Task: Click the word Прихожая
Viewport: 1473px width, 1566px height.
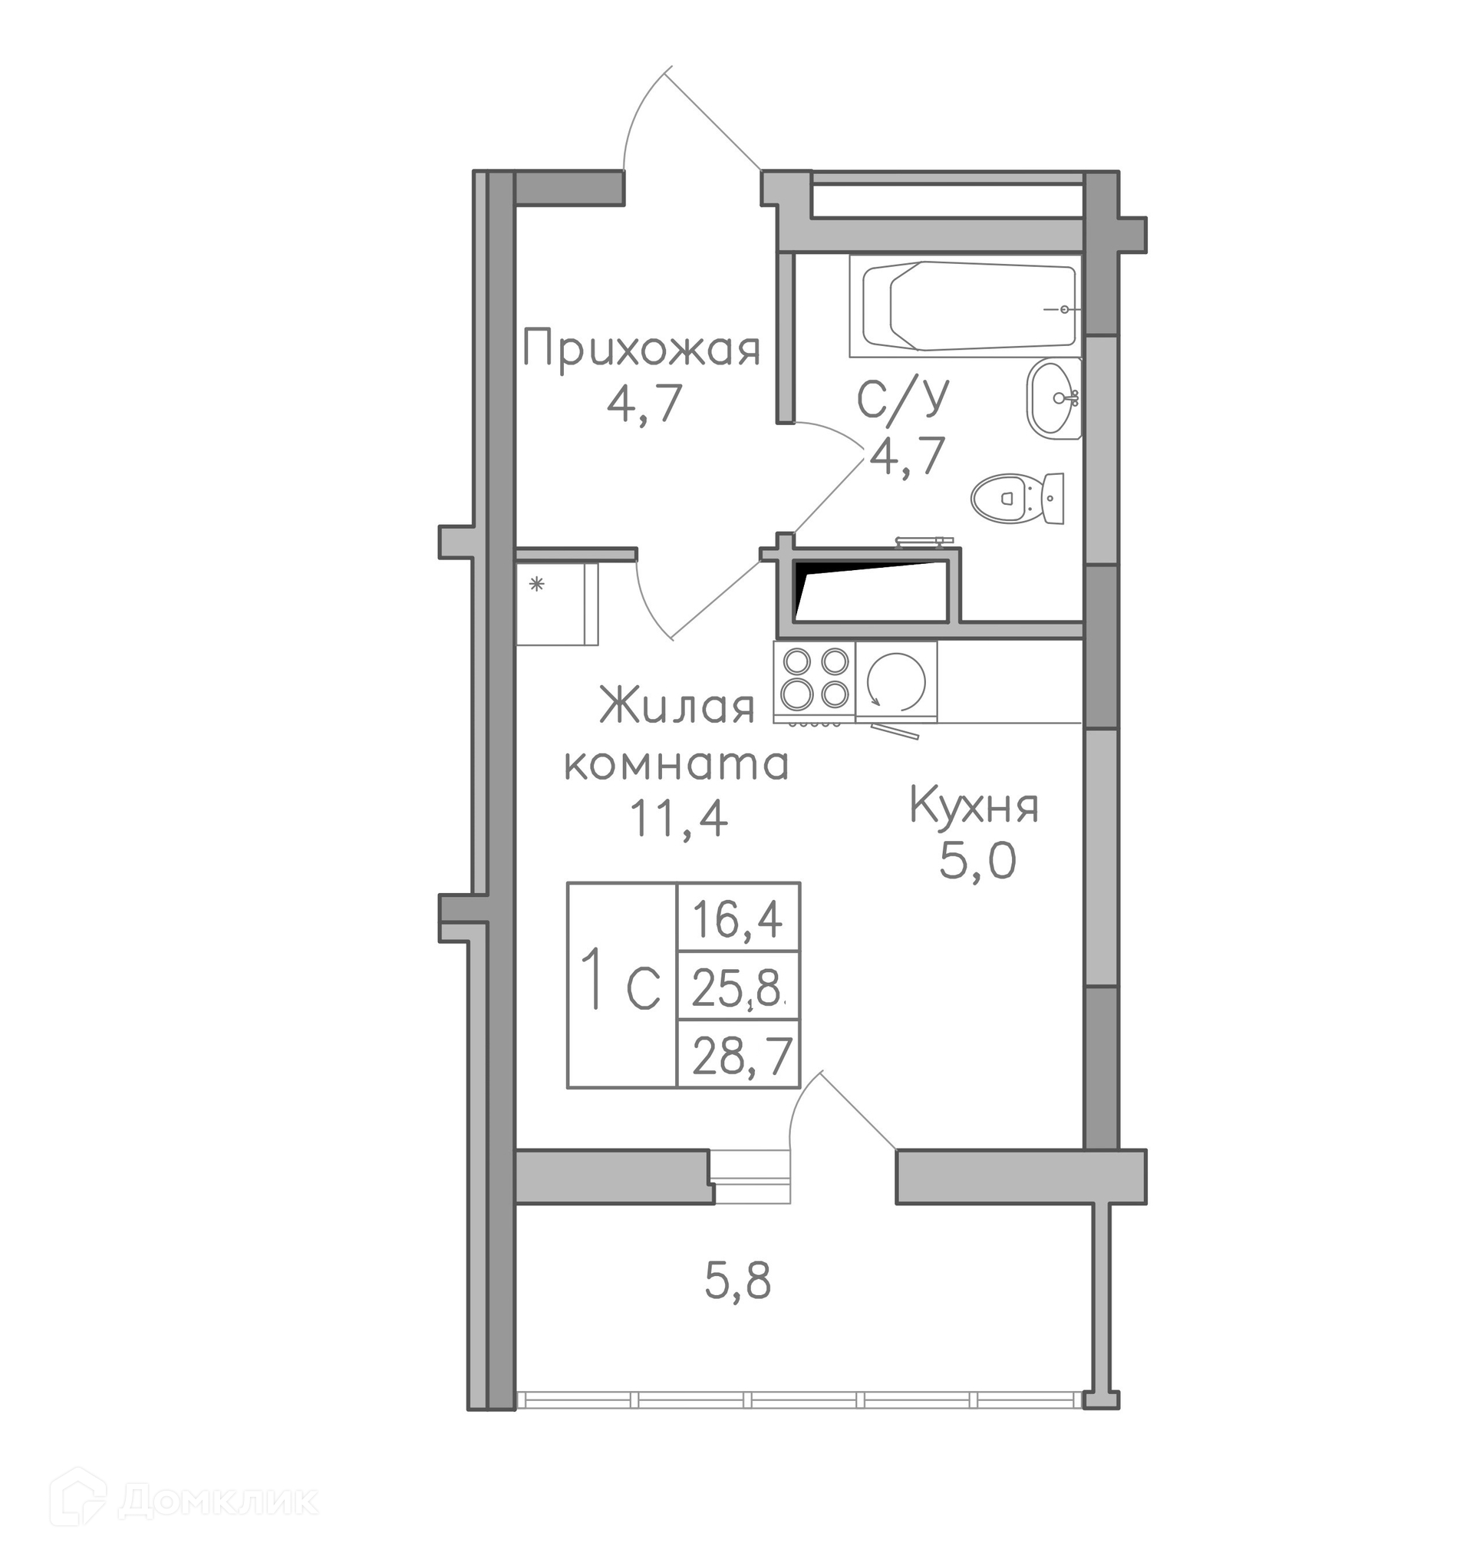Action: tap(641, 351)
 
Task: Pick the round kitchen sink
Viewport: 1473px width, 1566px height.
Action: tap(896, 681)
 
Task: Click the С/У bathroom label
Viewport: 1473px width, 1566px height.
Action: tap(904, 400)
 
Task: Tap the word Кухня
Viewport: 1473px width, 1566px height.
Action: tap(974, 806)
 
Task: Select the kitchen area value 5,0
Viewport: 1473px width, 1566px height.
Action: tap(977, 862)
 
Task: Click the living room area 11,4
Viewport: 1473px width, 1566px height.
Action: tap(678, 820)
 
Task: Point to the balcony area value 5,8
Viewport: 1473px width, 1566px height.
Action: tap(737, 1281)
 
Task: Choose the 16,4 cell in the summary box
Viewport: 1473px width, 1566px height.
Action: tap(737, 919)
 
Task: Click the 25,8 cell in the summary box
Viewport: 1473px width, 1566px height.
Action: tap(738, 987)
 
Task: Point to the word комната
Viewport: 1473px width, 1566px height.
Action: tap(677, 764)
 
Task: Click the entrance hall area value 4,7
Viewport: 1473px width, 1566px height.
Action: tap(644, 405)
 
